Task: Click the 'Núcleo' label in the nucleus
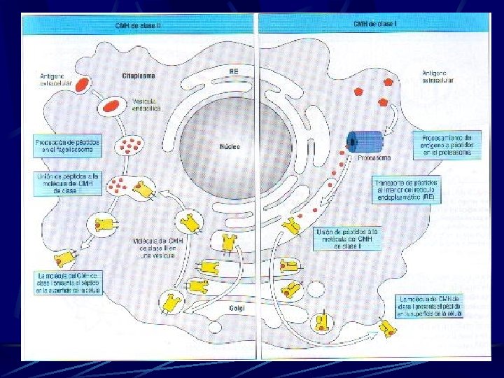click(x=229, y=147)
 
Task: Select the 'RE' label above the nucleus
click(x=234, y=71)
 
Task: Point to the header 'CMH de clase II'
click(x=139, y=25)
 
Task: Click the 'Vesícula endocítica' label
click(x=146, y=104)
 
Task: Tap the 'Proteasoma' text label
click(x=373, y=158)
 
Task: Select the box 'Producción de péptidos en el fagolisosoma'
click(x=68, y=146)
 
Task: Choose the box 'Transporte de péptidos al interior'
click(x=406, y=188)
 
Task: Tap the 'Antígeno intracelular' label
click(x=438, y=76)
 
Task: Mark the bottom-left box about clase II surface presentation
click(x=68, y=282)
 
